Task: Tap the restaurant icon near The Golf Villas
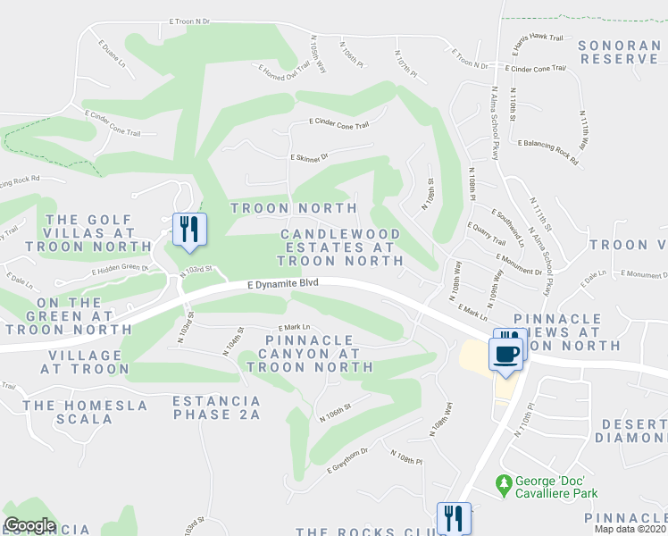(188, 230)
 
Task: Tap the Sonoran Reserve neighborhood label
(619, 52)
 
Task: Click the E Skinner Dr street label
(309, 156)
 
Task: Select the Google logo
(29, 525)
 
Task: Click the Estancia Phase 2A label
(216, 407)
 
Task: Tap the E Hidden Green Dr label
(119, 267)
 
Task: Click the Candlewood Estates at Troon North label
(339, 247)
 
